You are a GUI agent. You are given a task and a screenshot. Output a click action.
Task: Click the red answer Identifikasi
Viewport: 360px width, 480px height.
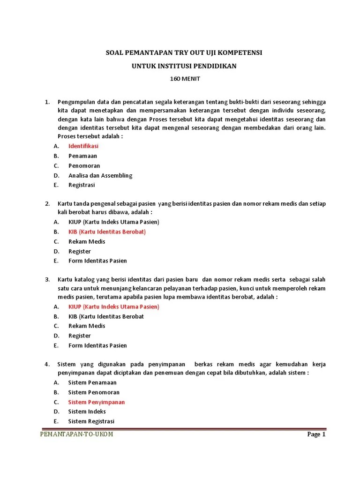pyautogui.click(x=83, y=146)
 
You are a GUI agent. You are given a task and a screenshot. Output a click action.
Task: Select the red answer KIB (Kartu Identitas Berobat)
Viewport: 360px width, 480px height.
pyautogui.click(x=107, y=232)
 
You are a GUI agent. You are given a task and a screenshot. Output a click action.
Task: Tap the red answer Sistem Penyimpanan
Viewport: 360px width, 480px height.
pyautogui.click(x=97, y=402)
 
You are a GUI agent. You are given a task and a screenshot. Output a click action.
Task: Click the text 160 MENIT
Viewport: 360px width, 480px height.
pyautogui.click(x=184, y=79)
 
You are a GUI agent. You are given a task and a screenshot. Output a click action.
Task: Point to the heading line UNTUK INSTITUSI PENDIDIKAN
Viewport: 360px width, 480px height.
pyautogui.click(x=184, y=66)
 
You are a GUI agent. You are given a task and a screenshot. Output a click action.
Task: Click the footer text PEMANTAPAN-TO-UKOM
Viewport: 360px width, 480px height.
pyautogui.click(x=76, y=434)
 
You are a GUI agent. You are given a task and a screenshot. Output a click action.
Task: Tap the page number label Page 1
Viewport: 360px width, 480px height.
pyautogui.click(x=316, y=434)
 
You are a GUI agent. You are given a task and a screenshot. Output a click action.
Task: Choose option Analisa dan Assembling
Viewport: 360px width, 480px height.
pyautogui.click(x=100, y=176)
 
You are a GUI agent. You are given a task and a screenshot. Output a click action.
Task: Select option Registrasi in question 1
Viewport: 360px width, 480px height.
pyautogui.click(x=82, y=185)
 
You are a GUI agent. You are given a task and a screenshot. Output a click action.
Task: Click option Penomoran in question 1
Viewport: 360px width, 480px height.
pyautogui.click(x=84, y=166)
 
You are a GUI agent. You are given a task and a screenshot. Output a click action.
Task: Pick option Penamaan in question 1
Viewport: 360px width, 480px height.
pyautogui.click(x=83, y=156)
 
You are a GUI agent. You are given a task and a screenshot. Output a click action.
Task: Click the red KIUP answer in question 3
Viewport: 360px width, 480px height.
pyautogui.click(x=114, y=307)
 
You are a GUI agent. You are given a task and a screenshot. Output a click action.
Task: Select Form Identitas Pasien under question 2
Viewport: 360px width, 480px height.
pyautogui.click(x=97, y=261)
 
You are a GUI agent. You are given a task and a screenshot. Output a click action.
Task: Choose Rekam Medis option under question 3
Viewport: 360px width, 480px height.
pyautogui.click(x=87, y=326)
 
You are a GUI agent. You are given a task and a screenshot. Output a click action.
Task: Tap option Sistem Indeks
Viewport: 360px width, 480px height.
pyautogui.click(x=87, y=412)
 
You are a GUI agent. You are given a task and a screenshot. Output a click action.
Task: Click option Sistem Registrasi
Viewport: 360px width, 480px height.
pyautogui.click(x=91, y=421)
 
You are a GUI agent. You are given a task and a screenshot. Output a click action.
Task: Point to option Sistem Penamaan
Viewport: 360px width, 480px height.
pyautogui.click(x=92, y=382)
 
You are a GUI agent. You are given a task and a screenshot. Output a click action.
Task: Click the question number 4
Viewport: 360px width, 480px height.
pyautogui.click(x=47, y=364)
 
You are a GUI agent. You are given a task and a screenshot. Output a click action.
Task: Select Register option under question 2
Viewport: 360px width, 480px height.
pyautogui.click(x=80, y=252)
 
